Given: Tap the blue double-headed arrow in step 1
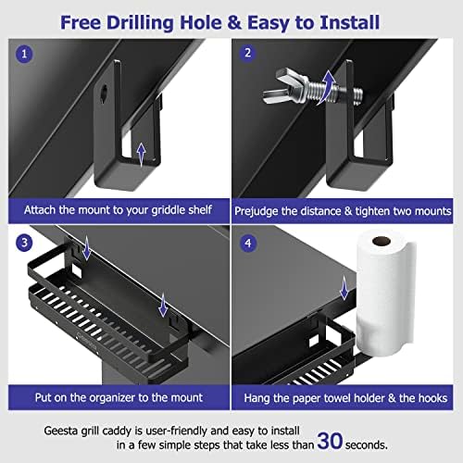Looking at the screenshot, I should [140, 154].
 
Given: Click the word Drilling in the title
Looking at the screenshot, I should [191, 19].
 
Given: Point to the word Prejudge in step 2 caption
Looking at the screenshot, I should [274, 210].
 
